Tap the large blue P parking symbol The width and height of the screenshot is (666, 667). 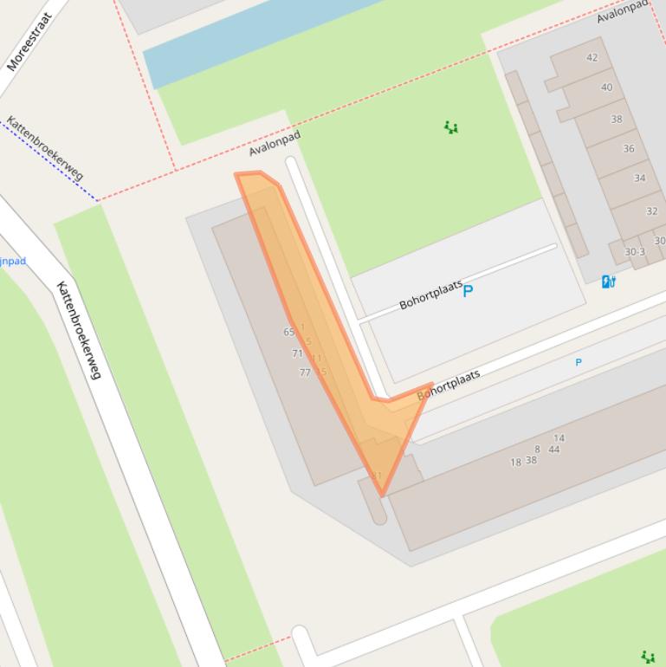pyautogui.click(x=468, y=291)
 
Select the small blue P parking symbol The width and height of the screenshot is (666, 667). pyautogui.click(x=579, y=362)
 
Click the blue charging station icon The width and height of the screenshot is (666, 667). pyautogui.click(x=608, y=282)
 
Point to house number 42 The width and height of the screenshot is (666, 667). pyautogui.click(x=592, y=58)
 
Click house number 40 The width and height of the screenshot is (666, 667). pyautogui.click(x=606, y=87)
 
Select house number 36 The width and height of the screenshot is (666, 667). pyautogui.click(x=629, y=148)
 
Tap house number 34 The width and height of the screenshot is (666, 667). pyautogui.click(x=639, y=178)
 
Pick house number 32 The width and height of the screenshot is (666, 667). pyautogui.click(x=651, y=210)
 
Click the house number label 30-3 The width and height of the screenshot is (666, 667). pyautogui.click(x=635, y=252)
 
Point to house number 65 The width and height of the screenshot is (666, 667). pyautogui.click(x=288, y=332)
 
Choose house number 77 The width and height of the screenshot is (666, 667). pyautogui.click(x=304, y=372)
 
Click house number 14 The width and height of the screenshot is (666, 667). pyautogui.click(x=559, y=438)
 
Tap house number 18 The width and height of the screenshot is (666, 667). pyautogui.click(x=515, y=463)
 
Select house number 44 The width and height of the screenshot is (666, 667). pyautogui.click(x=553, y=450)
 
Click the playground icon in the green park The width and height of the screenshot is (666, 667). pyautogui.click(x=450, y=127)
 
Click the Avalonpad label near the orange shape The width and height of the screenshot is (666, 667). pyautogui.click(x=274, y=144)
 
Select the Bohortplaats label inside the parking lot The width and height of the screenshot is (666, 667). pyautogui.click(x=430, y=295)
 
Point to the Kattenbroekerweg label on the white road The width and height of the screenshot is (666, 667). pyautogui.click(x=79, y=330)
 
